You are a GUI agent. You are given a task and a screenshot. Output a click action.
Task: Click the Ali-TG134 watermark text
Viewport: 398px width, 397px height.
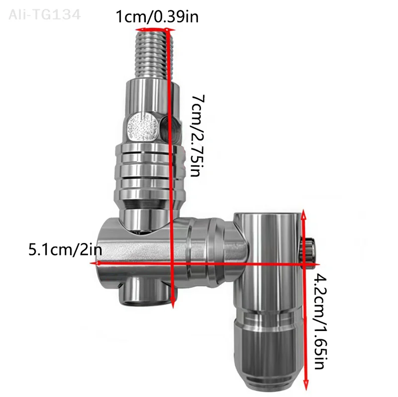44,14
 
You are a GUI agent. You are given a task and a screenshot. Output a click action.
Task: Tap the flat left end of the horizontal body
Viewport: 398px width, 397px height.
101,253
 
